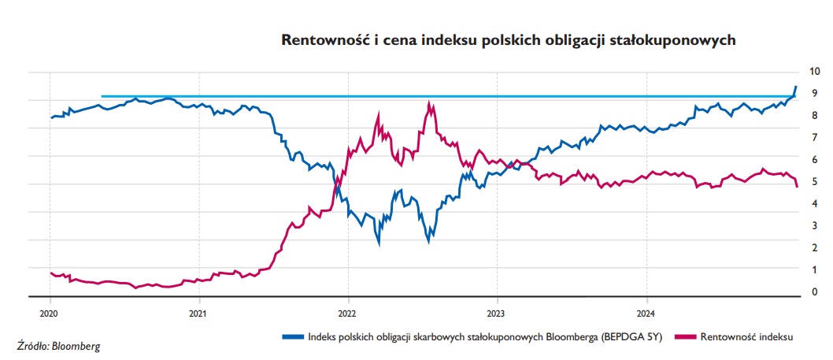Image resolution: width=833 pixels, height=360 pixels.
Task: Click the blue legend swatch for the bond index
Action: [x=293, y=336]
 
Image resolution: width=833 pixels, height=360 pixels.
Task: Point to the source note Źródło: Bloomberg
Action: [x=59, y=345]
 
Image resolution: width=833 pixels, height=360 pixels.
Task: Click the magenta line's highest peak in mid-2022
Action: [x=429, y=103]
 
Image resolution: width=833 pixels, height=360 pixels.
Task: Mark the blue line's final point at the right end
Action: [x=797, y=86]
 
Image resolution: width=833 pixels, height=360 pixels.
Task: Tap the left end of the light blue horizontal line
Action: [x=102, y=96]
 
